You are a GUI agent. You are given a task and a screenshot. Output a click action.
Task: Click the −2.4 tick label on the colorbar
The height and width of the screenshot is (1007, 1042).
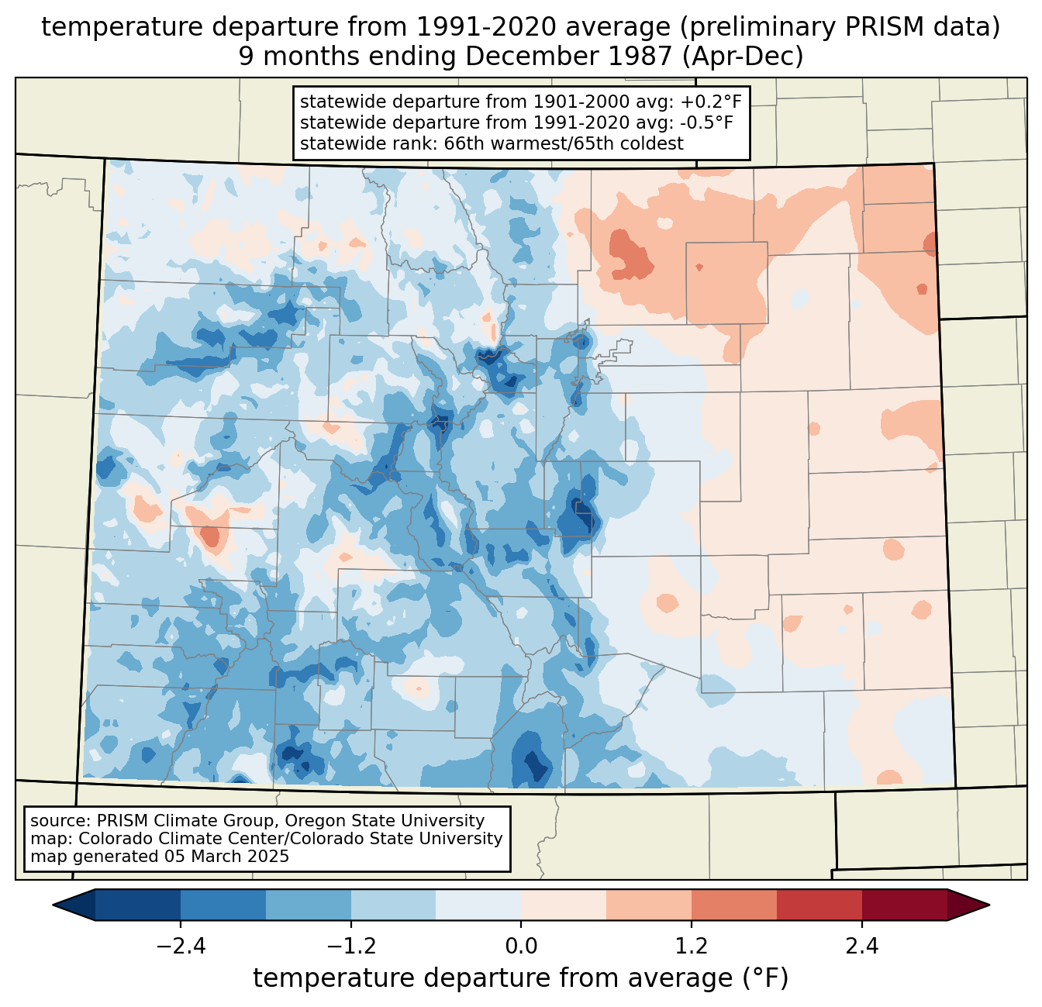[181, 947]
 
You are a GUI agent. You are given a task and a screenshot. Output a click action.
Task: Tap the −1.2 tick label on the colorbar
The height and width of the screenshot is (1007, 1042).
[351, 947]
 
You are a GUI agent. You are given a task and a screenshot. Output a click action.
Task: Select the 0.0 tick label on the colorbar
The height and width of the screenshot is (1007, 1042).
[521, 947]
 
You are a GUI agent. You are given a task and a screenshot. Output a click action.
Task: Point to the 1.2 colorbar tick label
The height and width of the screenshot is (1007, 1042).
[692, 947]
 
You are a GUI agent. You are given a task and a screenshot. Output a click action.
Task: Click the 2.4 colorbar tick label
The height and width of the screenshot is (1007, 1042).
[861, 947]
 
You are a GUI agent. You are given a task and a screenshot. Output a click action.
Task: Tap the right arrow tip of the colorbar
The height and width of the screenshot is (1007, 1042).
[987, 905]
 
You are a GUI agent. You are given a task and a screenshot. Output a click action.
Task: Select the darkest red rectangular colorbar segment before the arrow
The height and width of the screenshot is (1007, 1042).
[904, 905]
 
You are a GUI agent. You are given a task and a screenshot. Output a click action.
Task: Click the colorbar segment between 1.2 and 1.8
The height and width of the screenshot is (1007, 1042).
[733, 905]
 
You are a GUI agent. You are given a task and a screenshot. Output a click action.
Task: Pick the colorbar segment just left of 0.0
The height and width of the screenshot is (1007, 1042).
[478, 905]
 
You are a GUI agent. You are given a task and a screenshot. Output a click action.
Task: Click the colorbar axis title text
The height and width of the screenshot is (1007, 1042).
[521, 978]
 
